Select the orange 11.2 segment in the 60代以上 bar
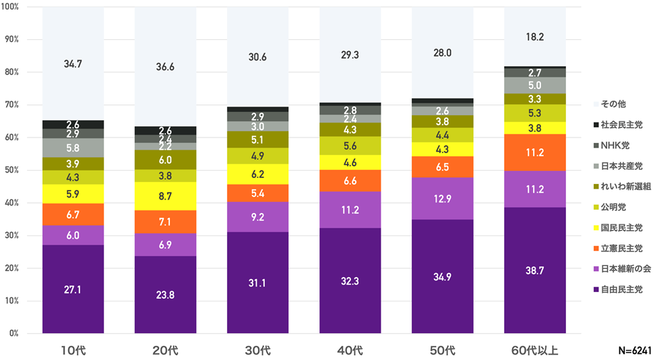tap(535, 152)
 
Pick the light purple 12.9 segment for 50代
tap(443, 198)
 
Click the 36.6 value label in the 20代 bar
tap(165, 67)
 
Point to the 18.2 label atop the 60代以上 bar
tap(535, 37)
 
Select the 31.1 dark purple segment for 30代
tap(257, 282)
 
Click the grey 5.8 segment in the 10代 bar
tap(73, 148)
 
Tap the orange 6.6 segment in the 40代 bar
tap(350, 181)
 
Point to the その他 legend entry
tap(612, 104)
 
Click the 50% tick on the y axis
tap(13, 171)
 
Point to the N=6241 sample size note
tap(633, 351)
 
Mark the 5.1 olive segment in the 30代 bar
tap(257, 140)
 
